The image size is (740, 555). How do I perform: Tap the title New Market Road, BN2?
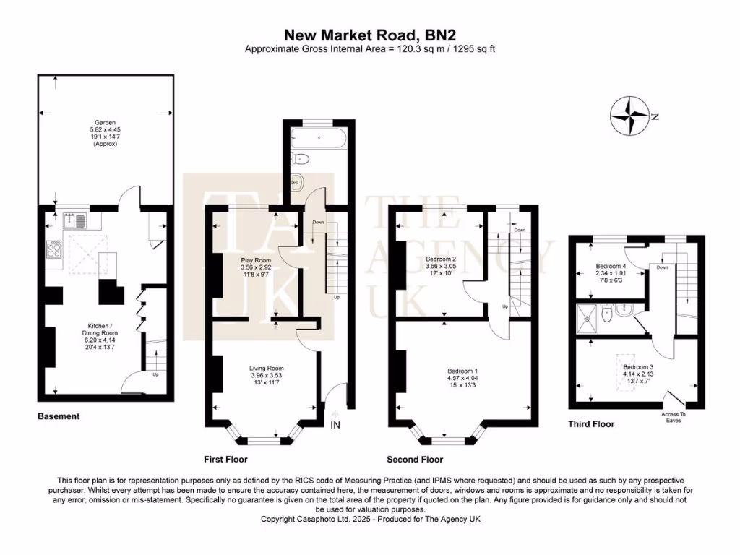pos(369,35)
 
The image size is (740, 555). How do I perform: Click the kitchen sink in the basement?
pos(75,220)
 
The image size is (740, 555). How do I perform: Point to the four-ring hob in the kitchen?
pos(53,249)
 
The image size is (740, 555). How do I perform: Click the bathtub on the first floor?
pos(319,138)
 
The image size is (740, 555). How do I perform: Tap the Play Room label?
pos(256,267)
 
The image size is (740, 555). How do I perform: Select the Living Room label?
pos(267,375)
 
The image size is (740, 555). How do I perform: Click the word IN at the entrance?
pos(335,425)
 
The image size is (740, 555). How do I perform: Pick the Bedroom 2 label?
pos(441,266)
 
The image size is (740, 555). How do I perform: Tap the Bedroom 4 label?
pos(611,273)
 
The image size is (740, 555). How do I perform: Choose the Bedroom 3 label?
pos(638,374)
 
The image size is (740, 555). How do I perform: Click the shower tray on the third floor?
pos(587,319)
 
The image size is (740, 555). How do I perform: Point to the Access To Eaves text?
pos(674,417)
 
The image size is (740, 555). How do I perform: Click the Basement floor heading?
pos(59,416)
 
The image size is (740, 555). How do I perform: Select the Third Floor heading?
pos(591,424)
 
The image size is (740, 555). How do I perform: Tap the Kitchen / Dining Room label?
pos(100,337)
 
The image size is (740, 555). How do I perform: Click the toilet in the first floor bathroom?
pos(300,160)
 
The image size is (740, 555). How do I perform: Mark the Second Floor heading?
pos(415,459)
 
